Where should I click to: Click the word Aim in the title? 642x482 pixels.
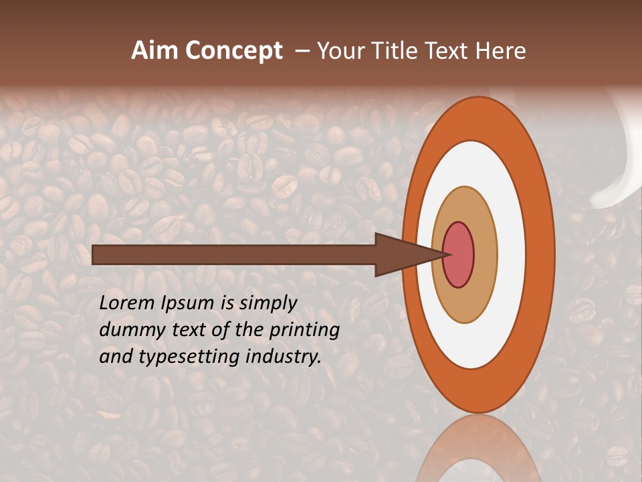pyautogui.click(x=154, y=51)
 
